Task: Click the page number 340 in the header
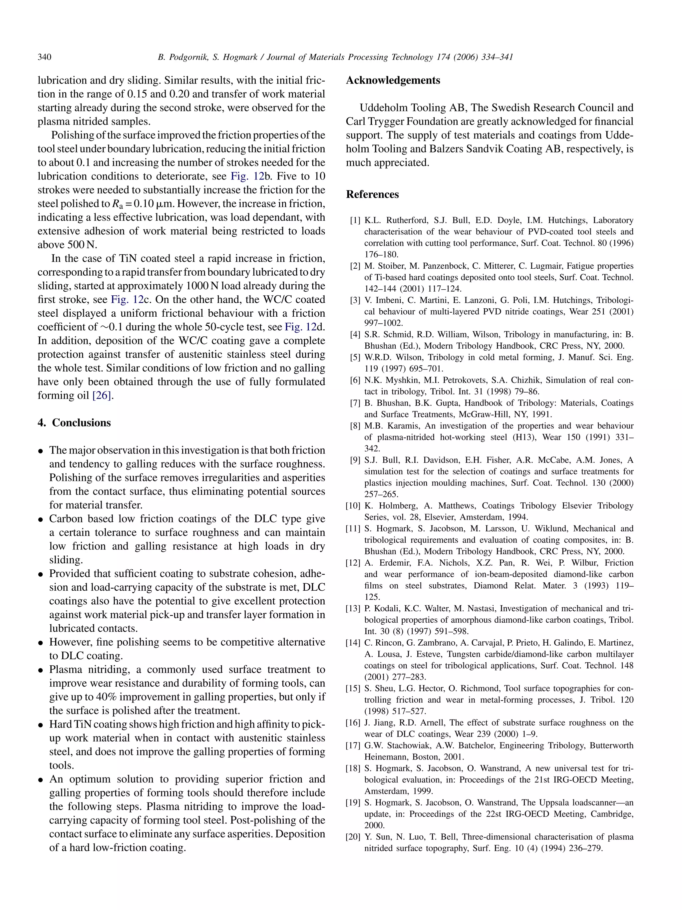44,57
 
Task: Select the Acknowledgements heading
393,80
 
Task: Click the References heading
372,194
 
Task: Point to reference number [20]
353,837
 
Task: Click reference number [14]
353,643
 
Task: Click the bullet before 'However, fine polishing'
41,643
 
